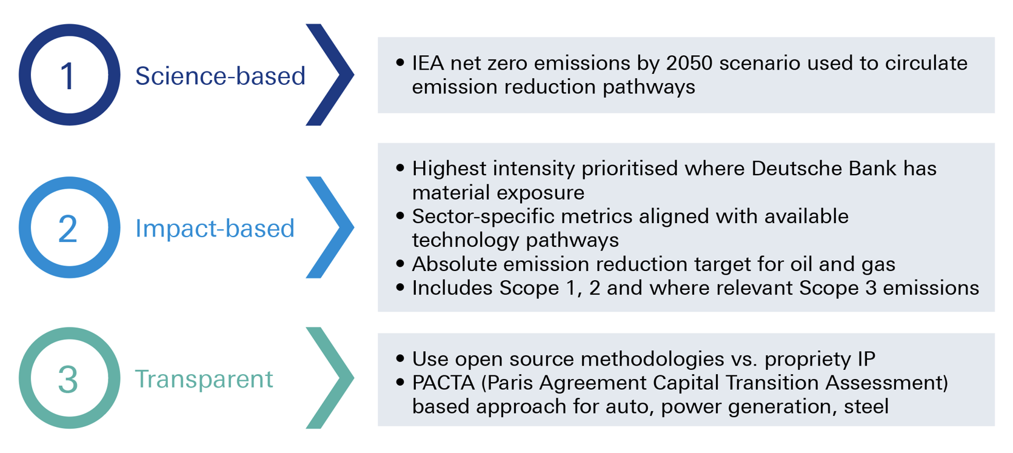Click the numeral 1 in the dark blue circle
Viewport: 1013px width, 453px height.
pos(69,76)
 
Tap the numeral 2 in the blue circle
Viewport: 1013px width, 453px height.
pos(68,228)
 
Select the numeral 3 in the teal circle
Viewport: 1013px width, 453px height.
pos(68,379)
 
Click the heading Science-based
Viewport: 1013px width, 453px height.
pos(220,76)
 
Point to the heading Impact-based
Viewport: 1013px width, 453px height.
pos(215,227)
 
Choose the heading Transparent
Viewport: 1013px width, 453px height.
pos(204,379)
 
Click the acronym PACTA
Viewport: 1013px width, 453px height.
pos(443,383)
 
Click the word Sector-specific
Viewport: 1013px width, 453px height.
pos(483,216)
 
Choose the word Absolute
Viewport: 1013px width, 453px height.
pos(455,264)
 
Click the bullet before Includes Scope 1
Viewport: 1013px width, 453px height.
pos(400,287)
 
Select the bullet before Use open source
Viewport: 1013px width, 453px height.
pos(400,358)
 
